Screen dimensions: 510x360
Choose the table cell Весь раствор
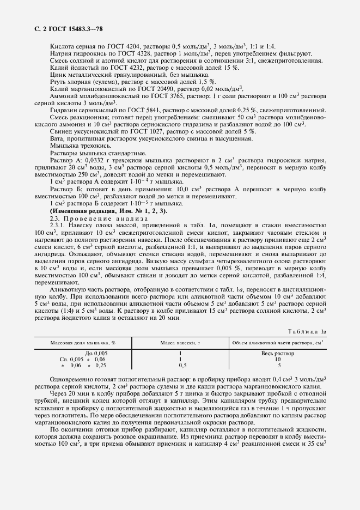(278, 354)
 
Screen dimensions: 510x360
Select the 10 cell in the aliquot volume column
(278, 360)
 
